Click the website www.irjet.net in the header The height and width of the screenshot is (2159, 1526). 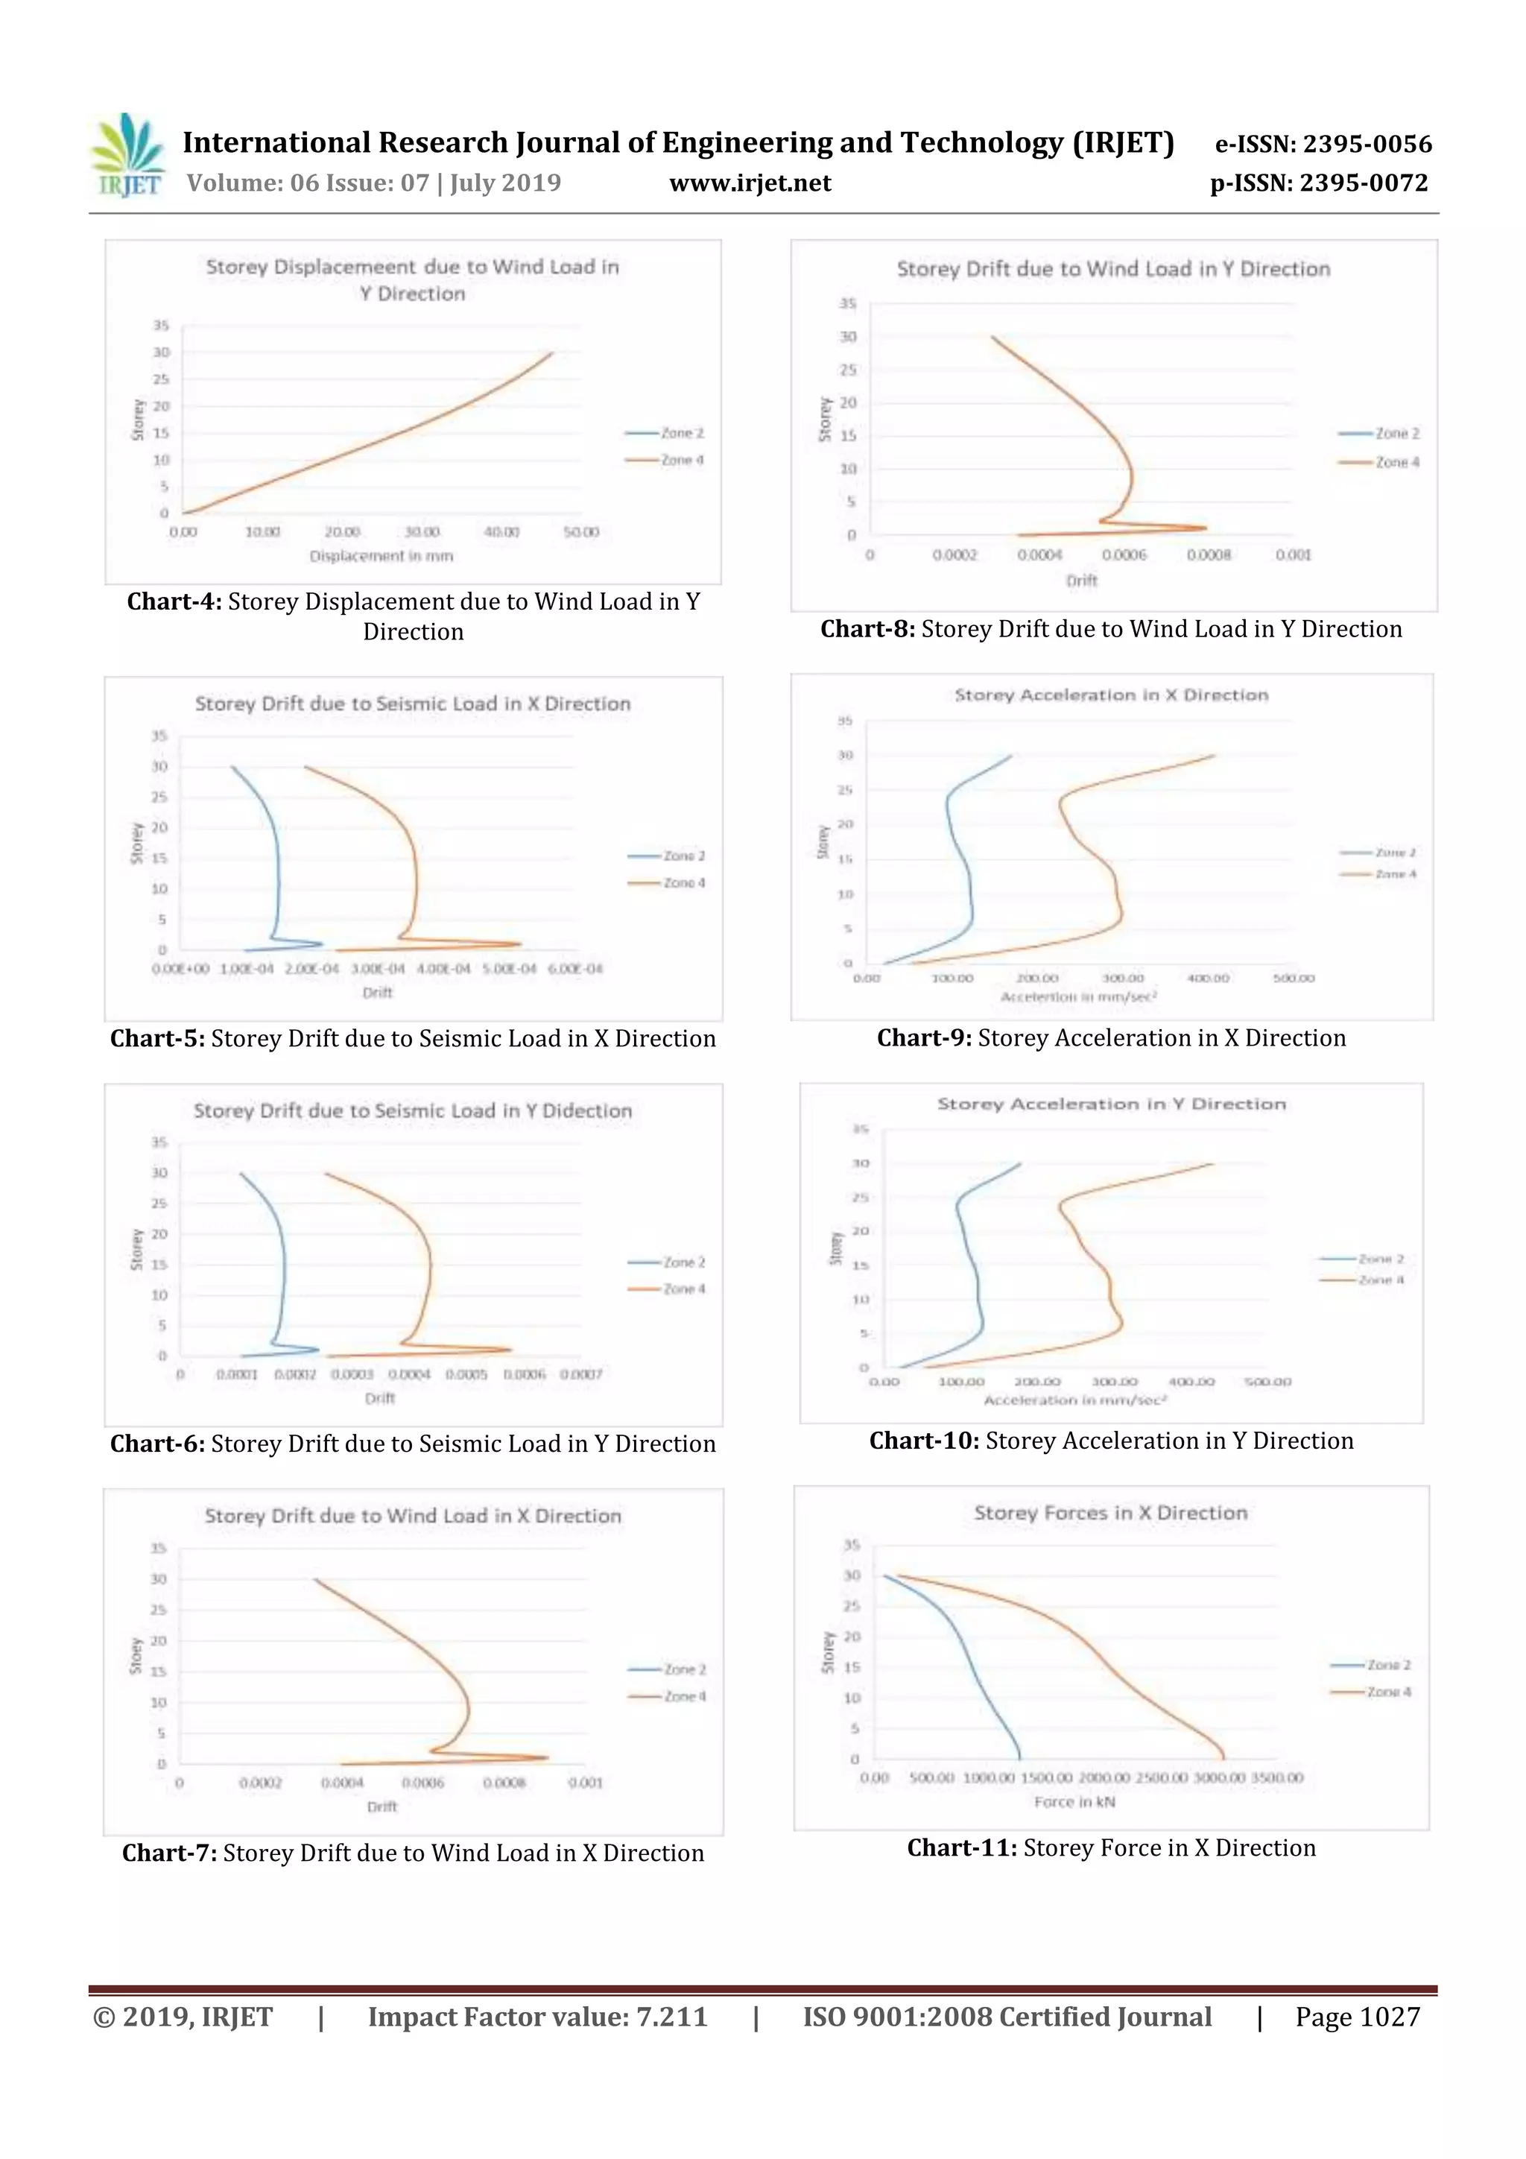click(x=750, y=183)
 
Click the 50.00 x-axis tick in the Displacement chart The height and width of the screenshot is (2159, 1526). click(x=580, y=532)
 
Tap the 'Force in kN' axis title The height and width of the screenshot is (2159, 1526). click(x=1074, y=1802)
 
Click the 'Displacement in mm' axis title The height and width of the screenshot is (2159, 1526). click(x=381, y=557)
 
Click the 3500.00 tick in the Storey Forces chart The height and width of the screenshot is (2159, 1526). click(x=1277, y=1777)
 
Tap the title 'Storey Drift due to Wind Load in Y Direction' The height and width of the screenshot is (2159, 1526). click(x=1112, y=270)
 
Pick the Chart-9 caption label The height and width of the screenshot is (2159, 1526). click(x=923, y=1038)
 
